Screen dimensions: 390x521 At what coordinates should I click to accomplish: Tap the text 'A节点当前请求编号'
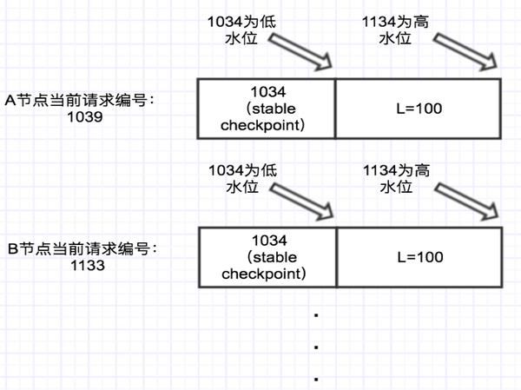tap(80, 100)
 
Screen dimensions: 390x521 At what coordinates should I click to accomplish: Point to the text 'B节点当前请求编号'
tap(81, 249)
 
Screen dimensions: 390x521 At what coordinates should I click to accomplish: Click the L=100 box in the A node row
tap(419, 108)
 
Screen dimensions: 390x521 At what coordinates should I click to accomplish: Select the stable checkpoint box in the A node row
tap(266, 108)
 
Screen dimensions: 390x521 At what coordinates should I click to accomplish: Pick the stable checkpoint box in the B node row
tap(266, 257)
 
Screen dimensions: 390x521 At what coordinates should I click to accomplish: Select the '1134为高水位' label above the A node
tap(395, 30)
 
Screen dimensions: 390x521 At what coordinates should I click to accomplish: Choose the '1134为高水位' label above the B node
tap(395, 178)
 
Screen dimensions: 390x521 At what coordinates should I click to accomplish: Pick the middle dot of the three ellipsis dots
tap(316, 347)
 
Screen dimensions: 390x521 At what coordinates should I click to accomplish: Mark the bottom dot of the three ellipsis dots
tap(316, 380)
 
